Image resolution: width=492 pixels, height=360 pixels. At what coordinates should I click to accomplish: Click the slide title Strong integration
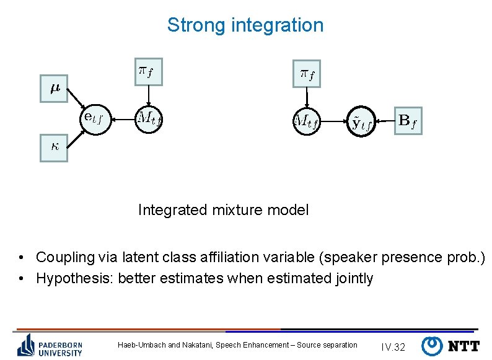[x=245, y=25]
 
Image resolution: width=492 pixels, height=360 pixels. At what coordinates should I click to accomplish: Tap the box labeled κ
[x=54, y=147]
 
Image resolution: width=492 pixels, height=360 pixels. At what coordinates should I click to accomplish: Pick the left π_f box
[x=148, y=72]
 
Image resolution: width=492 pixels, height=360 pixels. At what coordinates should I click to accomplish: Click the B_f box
[x=408, y=120]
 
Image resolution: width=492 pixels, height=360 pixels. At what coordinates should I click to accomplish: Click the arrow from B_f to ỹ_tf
[x=384, y=121]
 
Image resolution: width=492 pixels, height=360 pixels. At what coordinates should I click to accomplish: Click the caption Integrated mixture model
[x=223, y=210]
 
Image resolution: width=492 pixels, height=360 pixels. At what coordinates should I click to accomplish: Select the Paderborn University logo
[x=50, y=345]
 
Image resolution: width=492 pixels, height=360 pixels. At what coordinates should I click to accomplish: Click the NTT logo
[x=450, y=345]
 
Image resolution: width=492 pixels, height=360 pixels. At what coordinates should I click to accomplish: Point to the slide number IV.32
[x=393, y=346]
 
